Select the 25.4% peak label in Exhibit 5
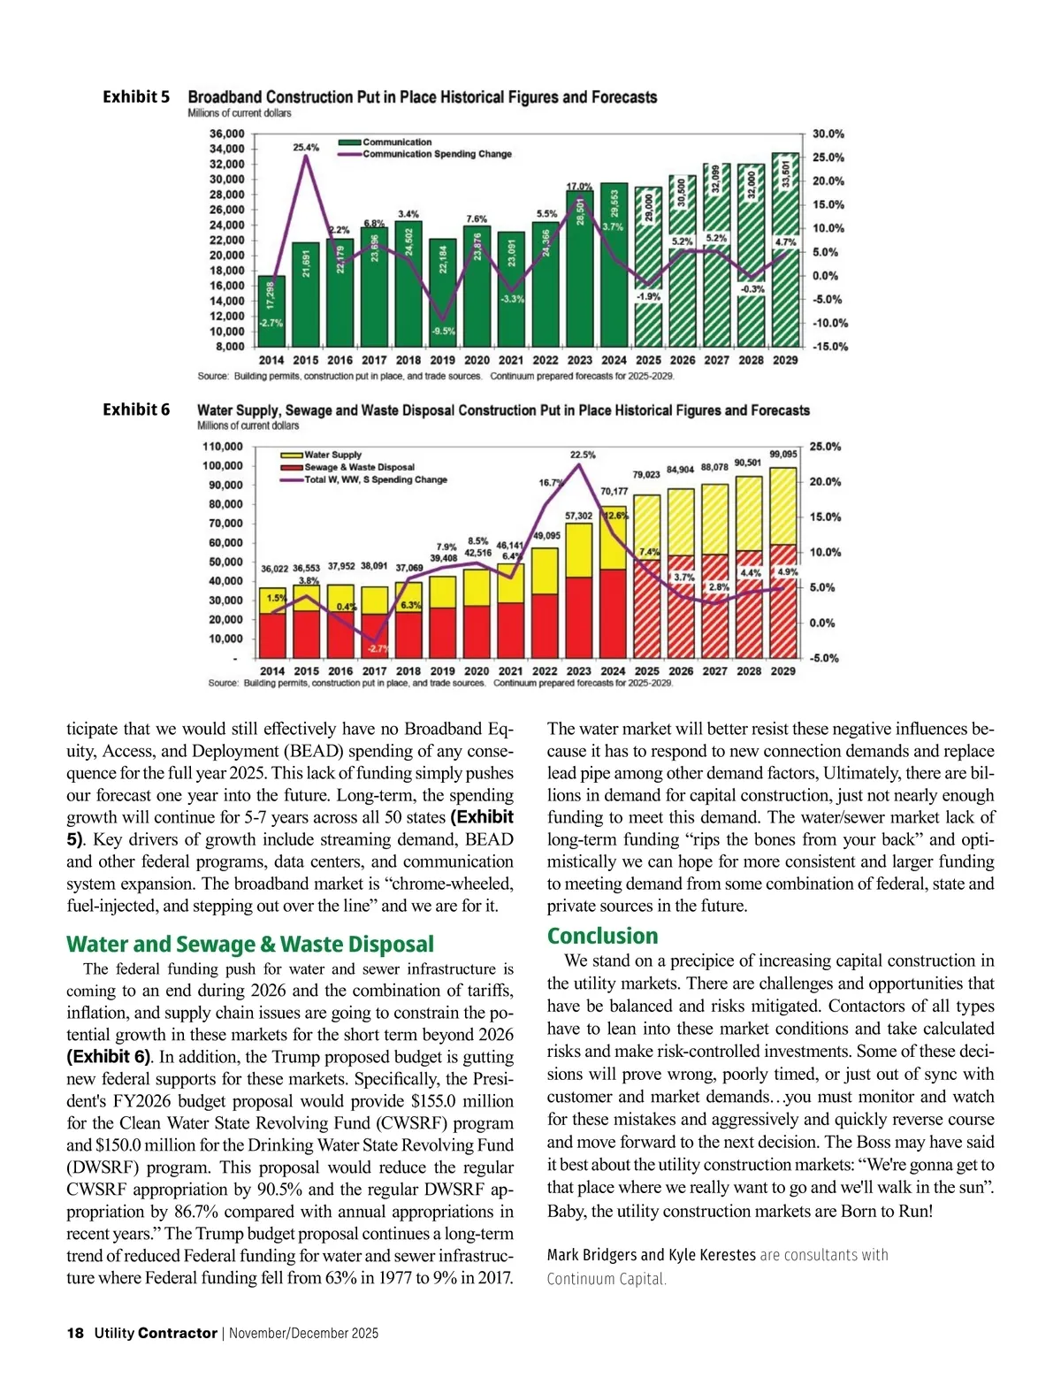click(306, 148)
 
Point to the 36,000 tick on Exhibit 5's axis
click(227, 134)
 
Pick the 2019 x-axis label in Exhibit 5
click(442, 360)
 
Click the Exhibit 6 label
click(136, 409)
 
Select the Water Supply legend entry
click(332, 455)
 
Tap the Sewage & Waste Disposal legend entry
click(359, 467)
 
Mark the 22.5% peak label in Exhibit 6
click(582, 455)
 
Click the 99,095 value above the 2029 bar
click(783, 454)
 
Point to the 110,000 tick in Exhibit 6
click(223, 447)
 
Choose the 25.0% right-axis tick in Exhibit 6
click(825, 447)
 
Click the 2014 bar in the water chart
click(272, 624)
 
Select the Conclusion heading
click(602, 936)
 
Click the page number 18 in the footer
click(75, 1333)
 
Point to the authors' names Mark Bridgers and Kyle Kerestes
click(652, 1255)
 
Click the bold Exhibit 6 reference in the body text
click(108, 1057)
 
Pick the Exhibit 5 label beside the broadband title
click(136, 96)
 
